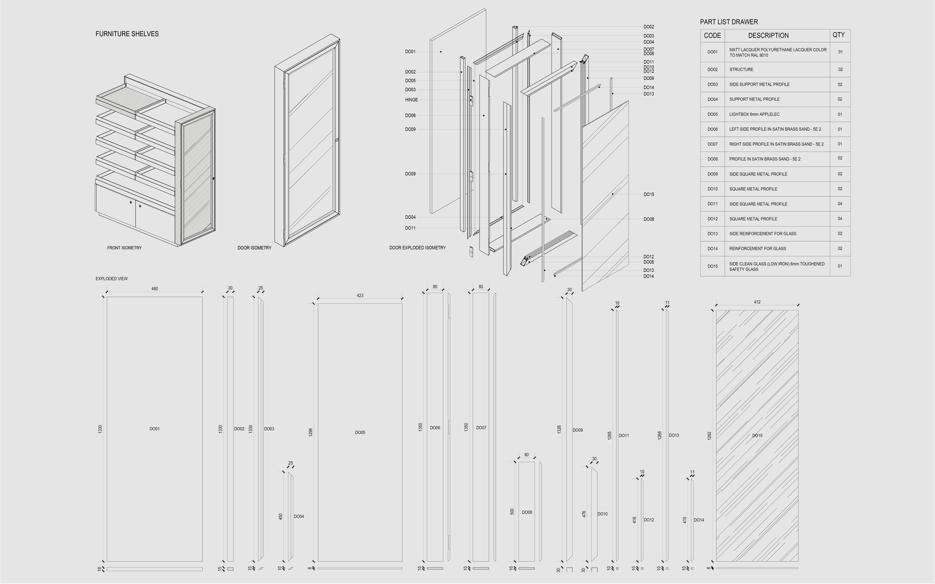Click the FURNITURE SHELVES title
click(127, 34)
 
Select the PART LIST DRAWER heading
click(729, 22)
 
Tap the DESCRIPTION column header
click(768, 36)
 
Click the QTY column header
click(839, 35)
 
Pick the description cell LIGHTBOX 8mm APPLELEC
click(754, 114)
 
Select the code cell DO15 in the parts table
click(712, 266)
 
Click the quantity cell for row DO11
click(840, 204)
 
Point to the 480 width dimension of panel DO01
click(155, 289)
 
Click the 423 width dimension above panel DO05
click(360, 296)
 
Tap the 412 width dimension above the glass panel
click(757, 303)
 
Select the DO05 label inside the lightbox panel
click(360, 433)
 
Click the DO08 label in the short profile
click(527, 513)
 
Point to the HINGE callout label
click(411, 100)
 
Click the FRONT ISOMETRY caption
click(124, 248)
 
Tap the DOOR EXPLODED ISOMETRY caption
click(417, 248)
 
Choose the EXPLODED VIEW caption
click(112, 279)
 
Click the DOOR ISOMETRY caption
click(254, 248)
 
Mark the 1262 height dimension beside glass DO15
click(709, 436)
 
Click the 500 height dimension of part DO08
click(512, 512)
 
